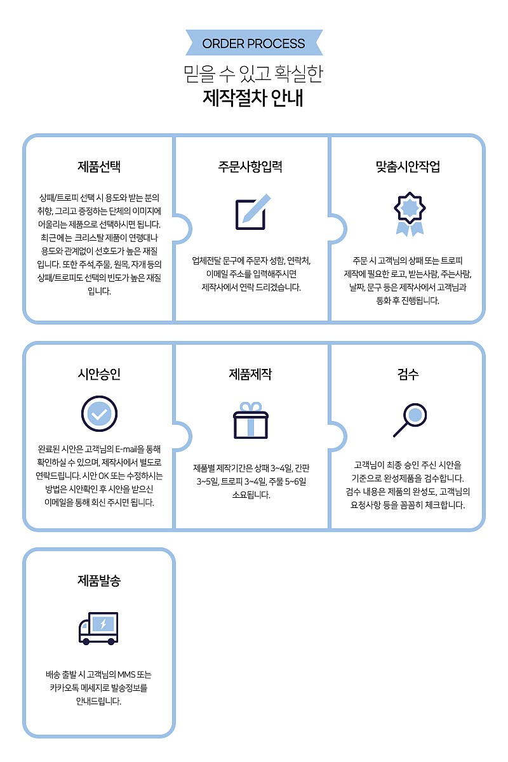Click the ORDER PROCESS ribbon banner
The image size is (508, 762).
[x=254, y=44]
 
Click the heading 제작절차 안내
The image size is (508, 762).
[x=254, y=98]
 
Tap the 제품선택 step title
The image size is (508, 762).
[x=99, y=167]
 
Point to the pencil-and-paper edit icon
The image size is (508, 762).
[x=252, y=211]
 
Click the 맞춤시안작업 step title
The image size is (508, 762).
[x=408, y=167]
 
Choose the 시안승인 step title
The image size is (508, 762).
[x=99, y=374]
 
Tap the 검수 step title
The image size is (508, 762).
[x=408, y=374]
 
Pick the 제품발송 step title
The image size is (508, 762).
[x=99, y=580]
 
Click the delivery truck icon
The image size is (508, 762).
[x=98, y=628]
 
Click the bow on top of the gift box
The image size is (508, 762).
[x=251, y=406]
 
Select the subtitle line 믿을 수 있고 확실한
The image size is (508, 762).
[x=254, y=74]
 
